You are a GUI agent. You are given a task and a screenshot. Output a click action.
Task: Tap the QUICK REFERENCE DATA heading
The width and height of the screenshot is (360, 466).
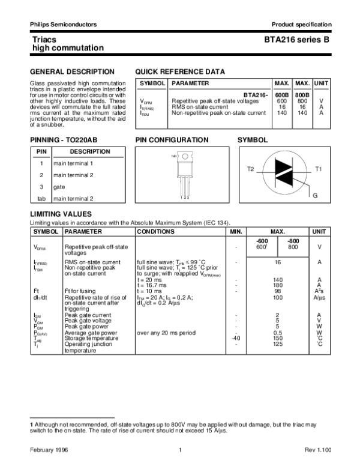click(x=180, y=71)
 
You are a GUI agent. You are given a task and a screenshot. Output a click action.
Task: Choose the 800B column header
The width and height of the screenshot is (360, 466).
click(x=303, y=95)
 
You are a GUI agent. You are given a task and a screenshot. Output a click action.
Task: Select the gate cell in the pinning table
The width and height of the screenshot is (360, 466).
click(x=59, y=187)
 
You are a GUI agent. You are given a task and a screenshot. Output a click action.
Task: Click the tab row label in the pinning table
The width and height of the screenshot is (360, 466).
click(x=41, y=198)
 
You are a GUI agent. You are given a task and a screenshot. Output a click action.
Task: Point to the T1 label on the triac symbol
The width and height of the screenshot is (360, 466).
click(x=319, y=170)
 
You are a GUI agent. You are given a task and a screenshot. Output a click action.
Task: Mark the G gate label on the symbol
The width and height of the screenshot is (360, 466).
click(x=315, y=196)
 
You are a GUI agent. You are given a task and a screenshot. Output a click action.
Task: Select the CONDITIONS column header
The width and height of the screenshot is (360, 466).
click(x=156, y=231)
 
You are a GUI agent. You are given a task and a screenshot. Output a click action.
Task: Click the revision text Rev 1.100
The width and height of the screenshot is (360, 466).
click(x=317, y=450)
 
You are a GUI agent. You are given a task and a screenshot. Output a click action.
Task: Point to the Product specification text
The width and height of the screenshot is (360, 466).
click(x=301, y=24)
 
